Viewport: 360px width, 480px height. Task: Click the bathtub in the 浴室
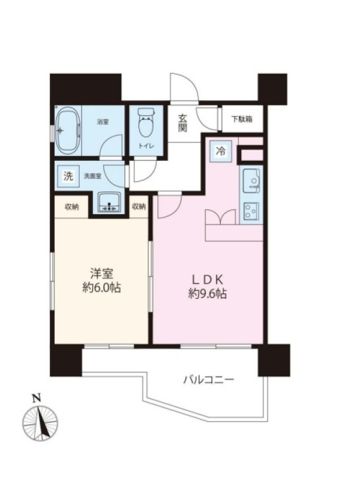(68, 131)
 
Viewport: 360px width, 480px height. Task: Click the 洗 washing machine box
(68, 176)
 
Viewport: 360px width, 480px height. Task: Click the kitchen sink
(251, 181)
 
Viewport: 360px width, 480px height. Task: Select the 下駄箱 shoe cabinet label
(242, 119)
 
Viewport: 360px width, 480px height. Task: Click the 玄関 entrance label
(183, 123)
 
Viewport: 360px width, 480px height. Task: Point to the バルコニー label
(209, 380)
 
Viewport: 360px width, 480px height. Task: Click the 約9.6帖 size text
(208, 295)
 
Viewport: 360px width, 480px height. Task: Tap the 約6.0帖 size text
(101, 288)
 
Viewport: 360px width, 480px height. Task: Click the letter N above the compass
(37, 398)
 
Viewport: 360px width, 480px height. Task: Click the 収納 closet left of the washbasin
(72, 207)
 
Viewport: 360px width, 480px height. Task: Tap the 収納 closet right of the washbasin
(139, 207)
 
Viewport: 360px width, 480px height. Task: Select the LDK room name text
(208, 279)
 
